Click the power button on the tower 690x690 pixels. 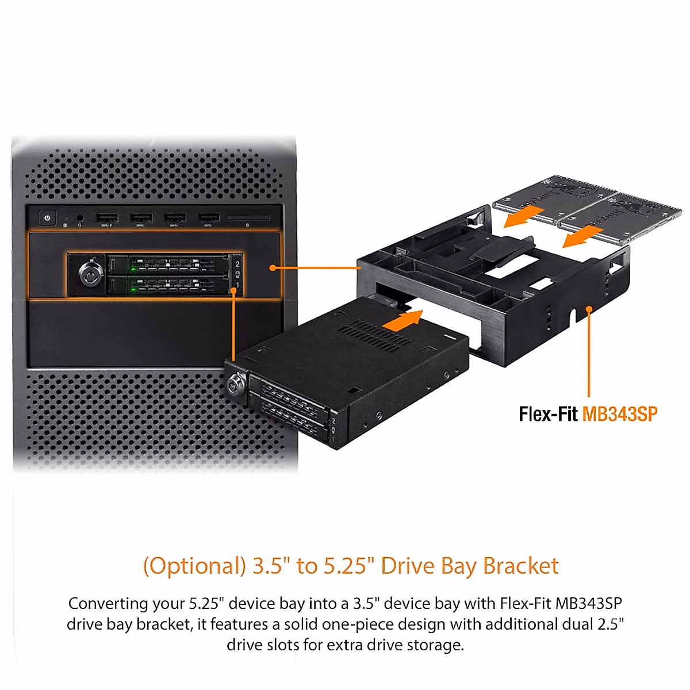[x=47, y=218]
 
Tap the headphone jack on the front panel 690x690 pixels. [x=79, y=218]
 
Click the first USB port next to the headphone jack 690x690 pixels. [x=107, y=218]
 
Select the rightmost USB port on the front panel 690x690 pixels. [x=209, y=218]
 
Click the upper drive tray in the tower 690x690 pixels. [x=170, y=265]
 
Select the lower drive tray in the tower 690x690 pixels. [x=170, y=284]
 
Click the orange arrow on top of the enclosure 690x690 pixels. [x=402, y=320]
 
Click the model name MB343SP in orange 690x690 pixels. [x=620, y=414]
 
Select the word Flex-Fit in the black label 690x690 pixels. [x=547, y=414]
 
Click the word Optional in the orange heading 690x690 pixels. [x=195, y=566]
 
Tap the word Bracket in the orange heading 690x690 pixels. [x=520, y=566]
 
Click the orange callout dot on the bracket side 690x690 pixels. [x=589, y=310]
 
